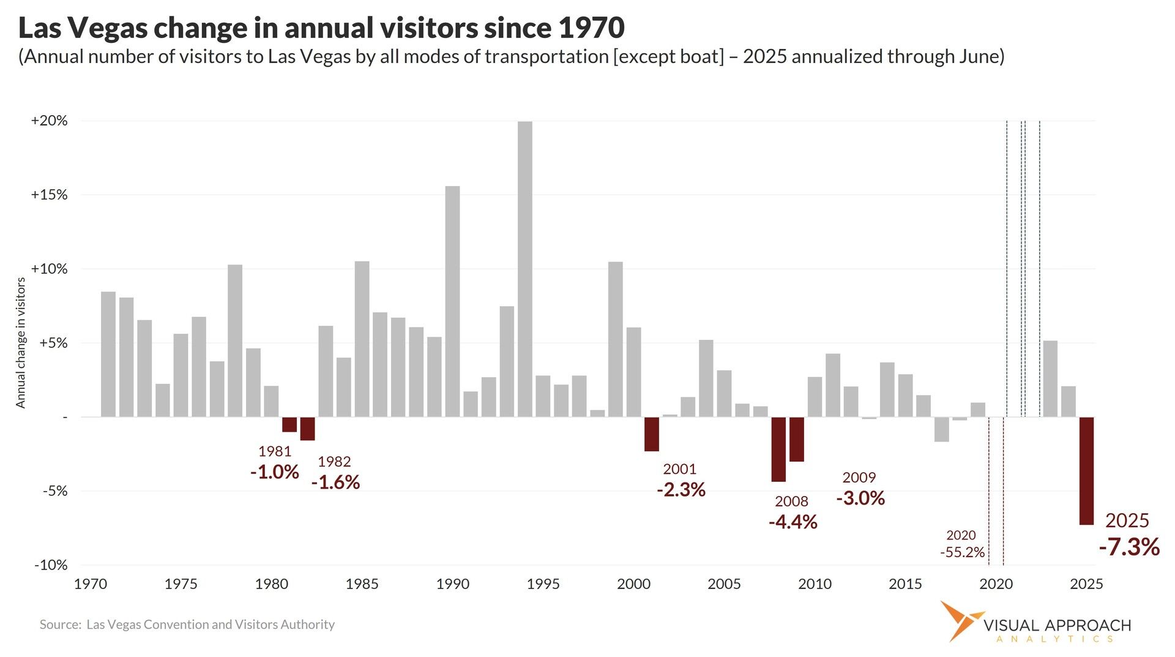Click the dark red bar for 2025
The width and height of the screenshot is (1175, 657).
pos(1086,471)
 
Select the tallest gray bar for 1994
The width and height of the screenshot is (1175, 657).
pos(525,269)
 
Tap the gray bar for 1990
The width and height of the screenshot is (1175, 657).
pos(452,301)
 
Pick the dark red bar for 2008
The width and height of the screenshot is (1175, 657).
pos(778,449)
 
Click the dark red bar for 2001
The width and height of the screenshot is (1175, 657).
pos(652,434)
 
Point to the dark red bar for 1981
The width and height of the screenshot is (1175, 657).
pos(289,424)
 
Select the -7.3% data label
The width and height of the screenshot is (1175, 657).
pos(1129,546)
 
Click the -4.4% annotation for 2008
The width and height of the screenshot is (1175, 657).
pos(793,522)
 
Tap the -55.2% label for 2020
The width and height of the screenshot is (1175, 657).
pos(963,552)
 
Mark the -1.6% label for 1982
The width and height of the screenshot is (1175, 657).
pos(335,482)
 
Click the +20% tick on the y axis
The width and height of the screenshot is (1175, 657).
pos(50,121)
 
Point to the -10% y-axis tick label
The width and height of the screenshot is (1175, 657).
pos(51,565)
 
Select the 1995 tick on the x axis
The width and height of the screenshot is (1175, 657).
pos(543,584)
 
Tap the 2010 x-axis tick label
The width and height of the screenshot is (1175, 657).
pos(815,584)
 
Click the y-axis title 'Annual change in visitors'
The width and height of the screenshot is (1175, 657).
pos(21,343)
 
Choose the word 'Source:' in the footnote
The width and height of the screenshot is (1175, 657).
pos(61,625)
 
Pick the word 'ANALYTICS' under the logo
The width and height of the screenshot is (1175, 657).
pos(1055,639)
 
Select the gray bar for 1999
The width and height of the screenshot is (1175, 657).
pos(616,339)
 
